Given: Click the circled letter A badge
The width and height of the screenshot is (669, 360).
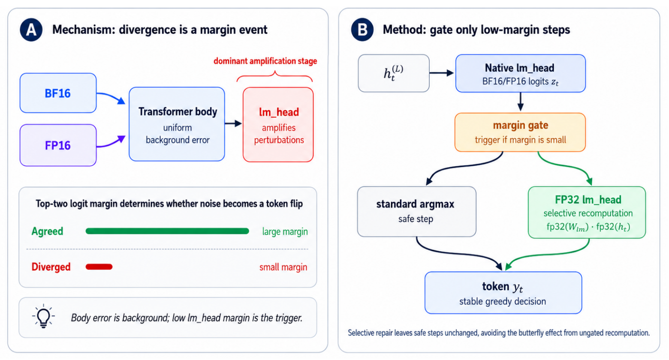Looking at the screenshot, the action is pyautogui.click(x=31, y=30).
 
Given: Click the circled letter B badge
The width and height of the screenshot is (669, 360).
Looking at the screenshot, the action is pyautogui.click(x=362, y=30).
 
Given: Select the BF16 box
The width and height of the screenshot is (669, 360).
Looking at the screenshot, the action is pyautogui.click(x=58, y=93).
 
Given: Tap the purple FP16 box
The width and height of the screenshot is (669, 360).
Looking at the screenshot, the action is pyautogui.click(x=58, y=145).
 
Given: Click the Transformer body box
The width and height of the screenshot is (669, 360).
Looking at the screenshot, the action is pyautogui.click(x=177, y=124).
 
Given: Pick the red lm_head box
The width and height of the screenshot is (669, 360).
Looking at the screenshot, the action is pyautogui.click(x=278, y=125).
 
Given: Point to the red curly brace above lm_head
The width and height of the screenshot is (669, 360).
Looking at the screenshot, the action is pyautogui.click(x=275, y=76).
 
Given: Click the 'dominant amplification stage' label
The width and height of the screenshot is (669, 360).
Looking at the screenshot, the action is pyautogui.click(x=265, y=61).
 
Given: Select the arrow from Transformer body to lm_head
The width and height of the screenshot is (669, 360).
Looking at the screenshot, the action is pyautogui.click(x=233, y=123).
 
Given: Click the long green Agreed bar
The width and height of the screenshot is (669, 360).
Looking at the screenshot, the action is pyautogui.click(x=167, y=231).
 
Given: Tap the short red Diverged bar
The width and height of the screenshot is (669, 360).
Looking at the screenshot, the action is pyautogui.click(x=99, y=267).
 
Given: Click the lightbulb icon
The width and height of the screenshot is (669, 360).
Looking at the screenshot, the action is pyautogui.click(x=44, y=316).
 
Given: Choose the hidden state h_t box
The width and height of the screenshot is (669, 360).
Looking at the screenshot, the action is pyautogui.click(x=394, y=73).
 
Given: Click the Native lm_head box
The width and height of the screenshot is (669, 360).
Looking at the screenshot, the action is pyautogui.click(x=520, y=73).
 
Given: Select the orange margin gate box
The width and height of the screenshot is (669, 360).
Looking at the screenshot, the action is pyautogui.click(x=520, y=132).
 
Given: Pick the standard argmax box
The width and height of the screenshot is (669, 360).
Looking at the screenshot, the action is pyautogui.click(x=417, y=212).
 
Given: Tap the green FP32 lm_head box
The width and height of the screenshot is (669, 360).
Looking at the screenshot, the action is pyautogui.click(x=587, y=212).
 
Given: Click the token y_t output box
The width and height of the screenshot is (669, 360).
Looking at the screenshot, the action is pyautogui.click(x=503, y=293).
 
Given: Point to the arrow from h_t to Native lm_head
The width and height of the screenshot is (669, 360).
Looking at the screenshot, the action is pyautogui.click(x=442, y=73).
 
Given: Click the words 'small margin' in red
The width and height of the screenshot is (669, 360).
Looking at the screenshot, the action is pyautogui.click(x=283, y=267).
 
